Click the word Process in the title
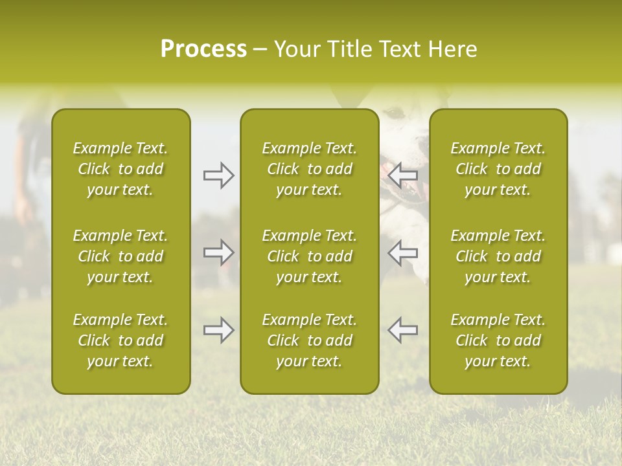point(203,49)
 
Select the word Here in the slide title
point(451,49)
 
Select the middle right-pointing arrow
point(218,252)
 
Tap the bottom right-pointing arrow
point(218,330)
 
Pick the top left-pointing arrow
point(402,175)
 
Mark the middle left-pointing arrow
point(402,252)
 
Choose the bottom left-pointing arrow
point(402,330)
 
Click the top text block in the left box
point(121,169)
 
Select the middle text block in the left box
point(121,256)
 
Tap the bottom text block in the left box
point(121,340)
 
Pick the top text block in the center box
point(309,169)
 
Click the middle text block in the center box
point(309,256)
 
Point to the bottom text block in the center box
point(309,340)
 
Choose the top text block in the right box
point(498,169)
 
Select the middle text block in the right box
point(498,256)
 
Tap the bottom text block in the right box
point(498,340)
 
